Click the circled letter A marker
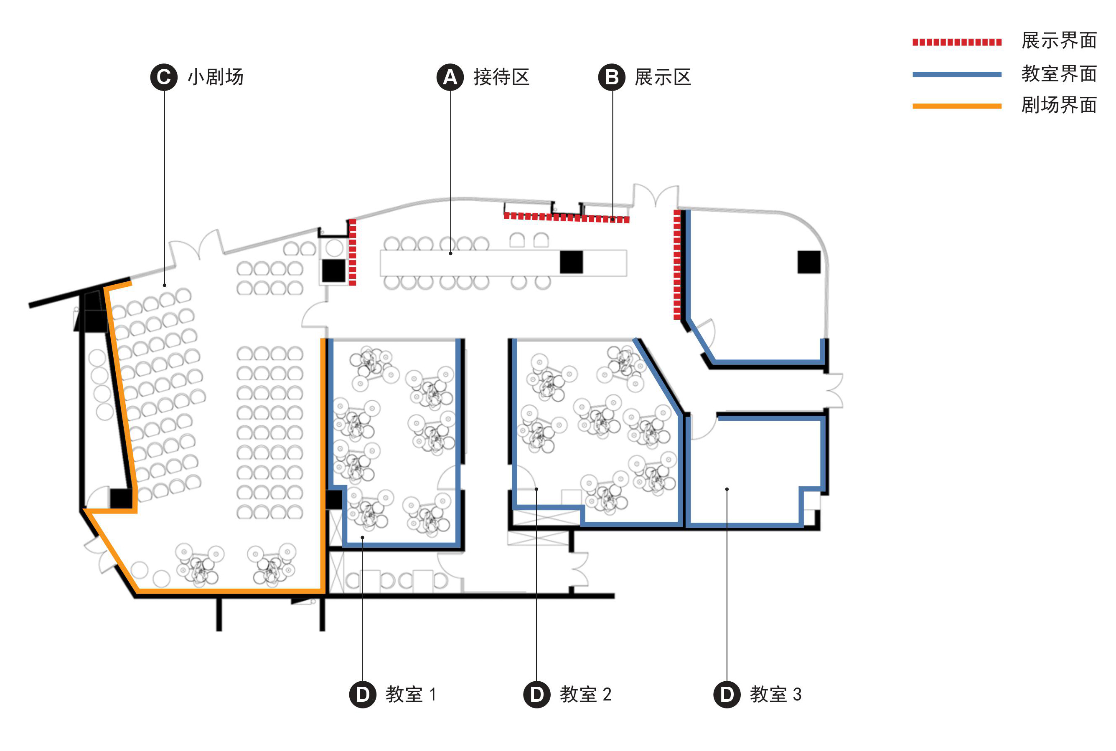450,77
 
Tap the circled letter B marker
611,77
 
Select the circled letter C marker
164,77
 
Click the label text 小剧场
215,77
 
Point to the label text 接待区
501,77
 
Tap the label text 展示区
663,77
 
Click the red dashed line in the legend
956,42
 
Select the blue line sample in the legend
956,74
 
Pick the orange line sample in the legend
956,106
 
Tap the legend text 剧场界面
1058,105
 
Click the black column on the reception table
571,262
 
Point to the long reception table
479,263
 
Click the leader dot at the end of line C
165,286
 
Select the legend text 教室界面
1058,74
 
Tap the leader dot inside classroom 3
727,489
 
